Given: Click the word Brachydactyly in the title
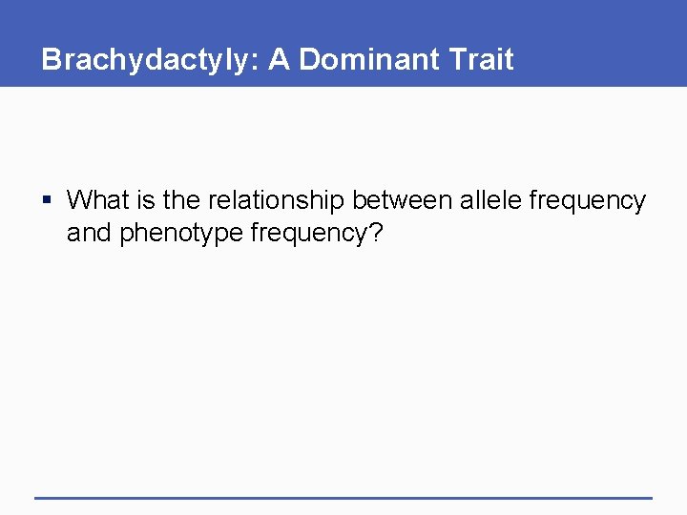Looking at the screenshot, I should (147, 60).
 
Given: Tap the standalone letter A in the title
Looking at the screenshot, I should (279, 59).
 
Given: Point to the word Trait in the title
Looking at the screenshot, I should (479, 59).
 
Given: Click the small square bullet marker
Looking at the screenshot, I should (49, 201).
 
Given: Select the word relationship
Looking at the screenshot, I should (276, 201).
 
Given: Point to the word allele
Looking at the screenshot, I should (489, 200).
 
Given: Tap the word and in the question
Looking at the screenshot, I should (89, 233).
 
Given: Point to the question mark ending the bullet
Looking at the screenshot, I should (374, 233).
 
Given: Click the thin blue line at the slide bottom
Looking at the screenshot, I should (343, 497).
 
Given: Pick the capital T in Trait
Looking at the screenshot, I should (451, 59).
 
